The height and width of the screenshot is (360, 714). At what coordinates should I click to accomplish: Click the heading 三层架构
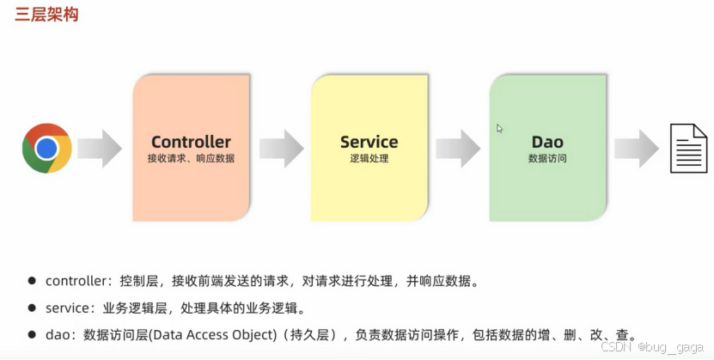click(47, 15)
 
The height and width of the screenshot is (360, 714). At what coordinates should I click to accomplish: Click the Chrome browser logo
click(46, 148)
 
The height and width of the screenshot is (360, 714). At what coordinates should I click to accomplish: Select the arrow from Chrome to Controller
click(100, 148)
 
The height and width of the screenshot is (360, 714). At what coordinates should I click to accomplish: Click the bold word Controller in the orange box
click(191, 142)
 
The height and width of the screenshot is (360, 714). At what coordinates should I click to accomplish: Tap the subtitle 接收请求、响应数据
click(191, 159)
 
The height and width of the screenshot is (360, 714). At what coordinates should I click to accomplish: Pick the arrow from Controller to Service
click(281, 148)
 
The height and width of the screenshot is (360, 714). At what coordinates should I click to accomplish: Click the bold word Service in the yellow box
click(369, 142)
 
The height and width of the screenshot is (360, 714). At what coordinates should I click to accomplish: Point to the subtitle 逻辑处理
click(369, 159)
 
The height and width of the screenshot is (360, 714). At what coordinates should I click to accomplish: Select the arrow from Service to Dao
click(457, 148)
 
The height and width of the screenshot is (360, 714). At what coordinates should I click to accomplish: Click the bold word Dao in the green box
click(547, 142)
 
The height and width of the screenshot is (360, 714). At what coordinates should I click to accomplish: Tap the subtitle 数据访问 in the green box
click(547, 159)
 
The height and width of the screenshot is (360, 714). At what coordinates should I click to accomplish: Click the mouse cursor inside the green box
click(499, 129)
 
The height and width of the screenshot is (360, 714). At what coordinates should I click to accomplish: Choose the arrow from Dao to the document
click(636, 148)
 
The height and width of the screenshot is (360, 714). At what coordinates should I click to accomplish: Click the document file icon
click(688, 148)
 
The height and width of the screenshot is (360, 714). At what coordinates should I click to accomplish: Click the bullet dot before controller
click(32, 281)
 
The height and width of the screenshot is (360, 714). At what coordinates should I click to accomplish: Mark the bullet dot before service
click(32, 308)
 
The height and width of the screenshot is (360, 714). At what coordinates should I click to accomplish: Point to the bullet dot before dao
click(32, 335)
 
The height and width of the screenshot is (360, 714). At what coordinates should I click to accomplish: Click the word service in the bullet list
click(67, 308)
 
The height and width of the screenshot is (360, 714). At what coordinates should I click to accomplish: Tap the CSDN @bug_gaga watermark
click(653, 347)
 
